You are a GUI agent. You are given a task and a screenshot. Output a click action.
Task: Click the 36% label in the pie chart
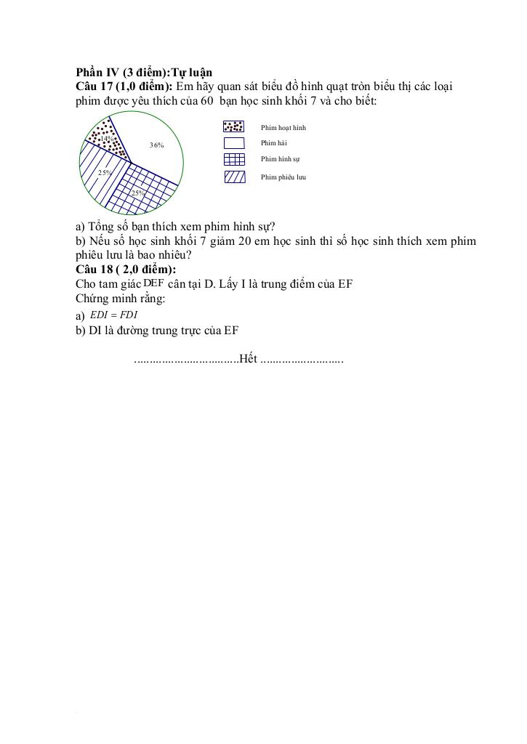[x=156, y=145]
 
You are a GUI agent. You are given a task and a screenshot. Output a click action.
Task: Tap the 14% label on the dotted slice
[x=106, y=138]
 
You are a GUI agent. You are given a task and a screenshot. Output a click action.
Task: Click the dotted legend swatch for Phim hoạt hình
[x=234, y=126]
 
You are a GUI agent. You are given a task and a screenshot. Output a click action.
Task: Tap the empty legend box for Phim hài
[x=234, y=143]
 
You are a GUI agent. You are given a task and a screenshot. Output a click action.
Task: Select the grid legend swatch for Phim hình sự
[x=234, y=159]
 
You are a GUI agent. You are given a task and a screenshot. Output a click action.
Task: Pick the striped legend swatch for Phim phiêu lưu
[x=234, y=176]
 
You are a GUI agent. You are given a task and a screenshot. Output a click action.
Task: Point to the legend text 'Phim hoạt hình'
[x=283, y=128]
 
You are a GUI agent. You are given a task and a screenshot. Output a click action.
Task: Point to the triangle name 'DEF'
[x=153, y=283]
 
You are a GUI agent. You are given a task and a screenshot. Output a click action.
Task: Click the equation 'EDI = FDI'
[x=113, y=315]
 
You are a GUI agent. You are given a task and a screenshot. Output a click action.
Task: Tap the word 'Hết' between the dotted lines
[x=248, y=360]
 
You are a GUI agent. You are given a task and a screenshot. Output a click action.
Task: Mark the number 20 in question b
[x=245, y=241]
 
